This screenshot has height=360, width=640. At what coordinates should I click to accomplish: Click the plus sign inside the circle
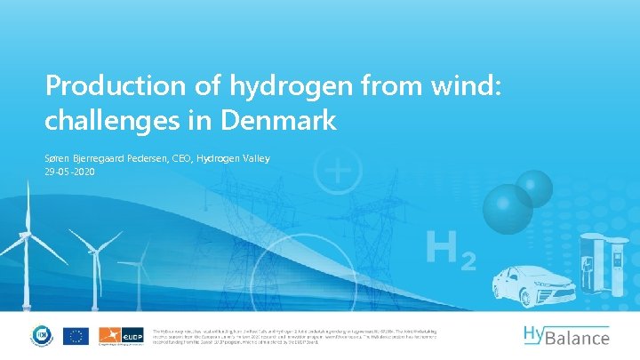[340, 169]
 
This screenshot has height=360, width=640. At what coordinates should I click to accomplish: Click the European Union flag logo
[76, 336]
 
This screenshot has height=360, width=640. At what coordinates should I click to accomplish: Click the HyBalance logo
[565, 335]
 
